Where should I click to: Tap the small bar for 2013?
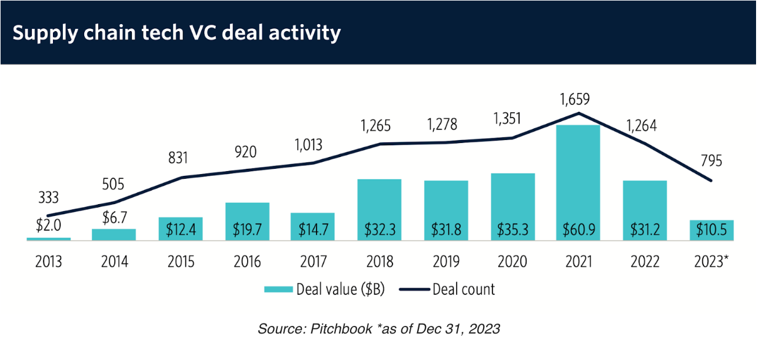tap(48, 238)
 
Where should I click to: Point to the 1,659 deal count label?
tap(578, 98)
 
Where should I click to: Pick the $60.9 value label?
tap(578, 229)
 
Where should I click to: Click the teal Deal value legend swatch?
tap(278, 289)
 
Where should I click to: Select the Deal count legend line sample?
tap(414, 289)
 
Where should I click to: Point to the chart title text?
tap(177, 32)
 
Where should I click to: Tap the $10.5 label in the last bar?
tap(712, 229)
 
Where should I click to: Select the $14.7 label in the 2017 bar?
tap(312, 229)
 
